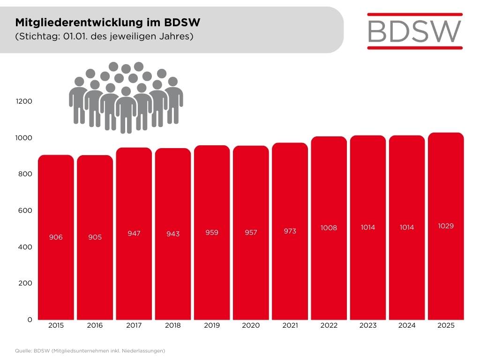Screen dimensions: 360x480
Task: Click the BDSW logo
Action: pos(414,30)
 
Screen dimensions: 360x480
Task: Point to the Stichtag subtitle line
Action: pos(105,36)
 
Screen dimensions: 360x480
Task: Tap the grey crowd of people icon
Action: pos(126,97)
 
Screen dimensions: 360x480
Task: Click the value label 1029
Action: pos(445,226)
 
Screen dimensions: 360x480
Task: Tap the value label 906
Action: pos(56,237)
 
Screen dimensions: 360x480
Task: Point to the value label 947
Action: pos(134,233)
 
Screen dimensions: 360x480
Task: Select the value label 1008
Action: pos(329,228)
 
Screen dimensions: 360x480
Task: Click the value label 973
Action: pos(290,231)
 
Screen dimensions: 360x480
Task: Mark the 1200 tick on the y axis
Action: pos(24,101)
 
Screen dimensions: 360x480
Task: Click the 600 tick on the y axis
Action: pos(26,210)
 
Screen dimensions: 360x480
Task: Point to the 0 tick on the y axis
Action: pos(30,319)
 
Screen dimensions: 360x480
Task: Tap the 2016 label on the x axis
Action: pos(95,325)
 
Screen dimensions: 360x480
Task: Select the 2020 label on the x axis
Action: pos(251,325)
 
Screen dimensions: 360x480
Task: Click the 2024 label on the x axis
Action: pos(406,325)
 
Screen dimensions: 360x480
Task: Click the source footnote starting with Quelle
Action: pos(90,350)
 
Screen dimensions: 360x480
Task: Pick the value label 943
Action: pos(173,233)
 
